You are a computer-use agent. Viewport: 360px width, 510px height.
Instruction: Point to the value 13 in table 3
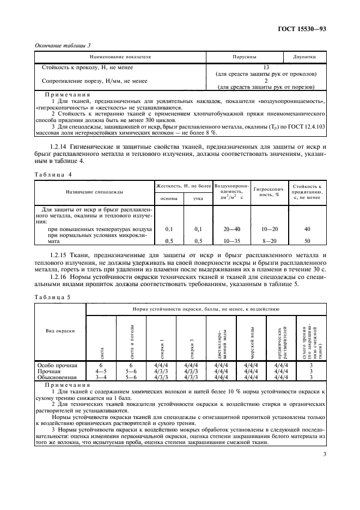pos(266,68)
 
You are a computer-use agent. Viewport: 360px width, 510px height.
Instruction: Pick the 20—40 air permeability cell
pos(233,229)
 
